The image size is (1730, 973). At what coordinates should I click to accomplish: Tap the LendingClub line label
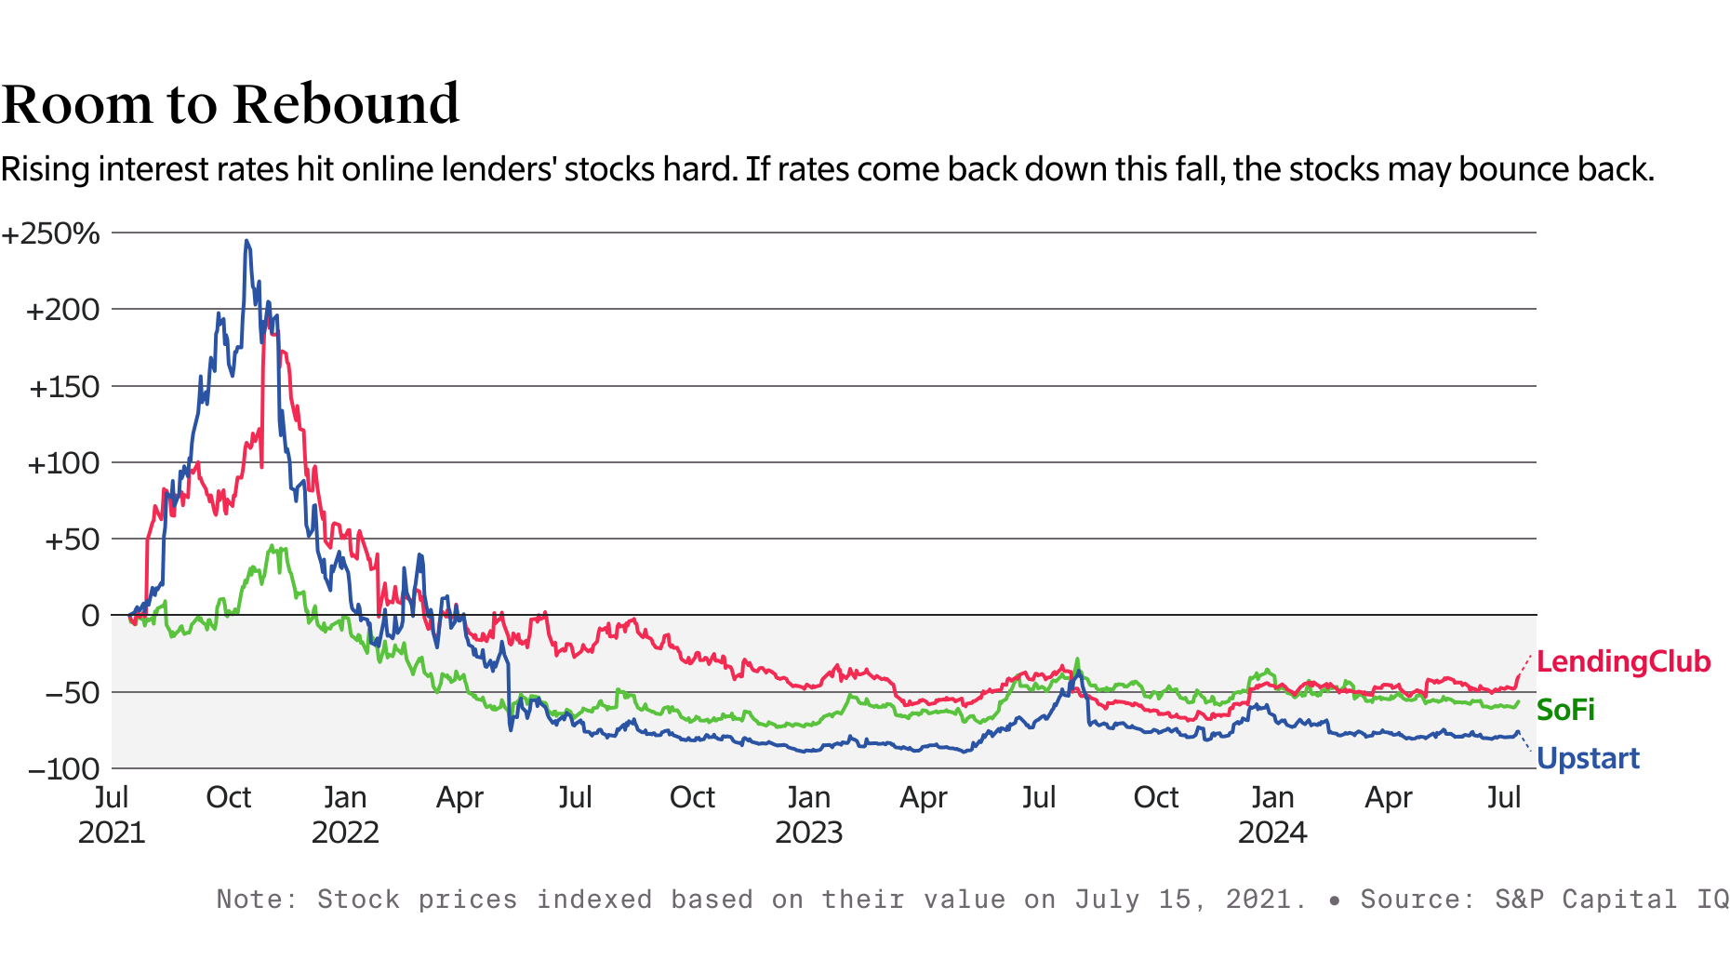click(x=1623, y=661)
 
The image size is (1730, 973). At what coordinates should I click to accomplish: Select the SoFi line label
click(x=1564, y=710)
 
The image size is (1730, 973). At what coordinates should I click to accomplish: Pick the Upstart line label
click(x=1587, y=758)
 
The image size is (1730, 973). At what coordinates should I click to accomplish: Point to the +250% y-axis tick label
click(x=51, y=233)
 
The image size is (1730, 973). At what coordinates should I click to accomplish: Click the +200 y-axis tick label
click(x=62, y=310)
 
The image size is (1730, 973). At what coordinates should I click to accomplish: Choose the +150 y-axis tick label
click(x=64, y=387)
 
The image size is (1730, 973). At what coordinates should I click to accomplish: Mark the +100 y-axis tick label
click(x=63, y=463)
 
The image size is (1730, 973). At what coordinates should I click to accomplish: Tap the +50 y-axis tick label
click(x=72, y=540)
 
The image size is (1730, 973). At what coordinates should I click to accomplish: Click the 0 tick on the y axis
click(x=90, y=615)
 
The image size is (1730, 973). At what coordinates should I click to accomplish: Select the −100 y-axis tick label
click(x=63, y=769)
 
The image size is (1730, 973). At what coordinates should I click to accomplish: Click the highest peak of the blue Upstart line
click(x=246, y=241)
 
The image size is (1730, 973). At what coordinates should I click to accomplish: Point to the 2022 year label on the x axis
click(x=345, y=832)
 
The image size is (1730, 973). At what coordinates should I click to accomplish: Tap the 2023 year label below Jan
click(x=808, y=832)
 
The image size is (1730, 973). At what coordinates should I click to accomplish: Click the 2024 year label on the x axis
click(x=1271, y=832)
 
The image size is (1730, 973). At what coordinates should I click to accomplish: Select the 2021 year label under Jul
click(x=112, y=832)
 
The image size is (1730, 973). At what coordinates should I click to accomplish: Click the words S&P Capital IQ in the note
click(x=1611, y=900)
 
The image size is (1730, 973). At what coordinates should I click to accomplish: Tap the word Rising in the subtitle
click(x=46, y=169)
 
